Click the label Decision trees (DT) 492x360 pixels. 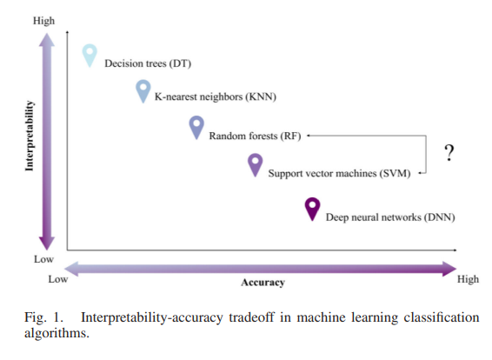[x=148, y=63]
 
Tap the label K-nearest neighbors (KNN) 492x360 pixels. [x=216, y=97]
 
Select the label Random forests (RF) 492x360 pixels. [x=255, y=137]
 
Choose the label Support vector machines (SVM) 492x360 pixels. [x=339, y=174]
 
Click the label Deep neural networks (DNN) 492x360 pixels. [x=390, y=217]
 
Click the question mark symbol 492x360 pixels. [x=449, y=153]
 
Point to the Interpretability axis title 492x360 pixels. [x=30, y=136]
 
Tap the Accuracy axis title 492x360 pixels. [x=263, y=283]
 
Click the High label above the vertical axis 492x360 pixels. [x=44, y=21]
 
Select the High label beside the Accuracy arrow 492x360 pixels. [x=468, y=279]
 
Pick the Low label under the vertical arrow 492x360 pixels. [x=44, y=259]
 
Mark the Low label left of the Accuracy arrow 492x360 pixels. [x=58, y=279]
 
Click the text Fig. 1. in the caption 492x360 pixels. [x=43, y=317]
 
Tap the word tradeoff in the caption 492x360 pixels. [x=251, y=317]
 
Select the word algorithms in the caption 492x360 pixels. [x=57, y=333]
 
